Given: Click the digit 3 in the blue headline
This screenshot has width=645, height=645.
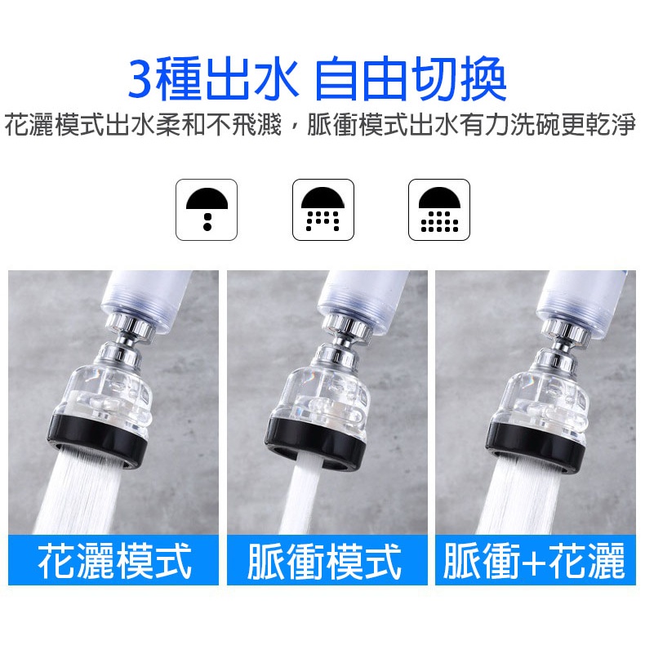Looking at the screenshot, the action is point(141,79).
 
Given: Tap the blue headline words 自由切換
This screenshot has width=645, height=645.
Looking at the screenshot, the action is point(410,79).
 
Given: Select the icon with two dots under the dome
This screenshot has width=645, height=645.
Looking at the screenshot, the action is point(207,210).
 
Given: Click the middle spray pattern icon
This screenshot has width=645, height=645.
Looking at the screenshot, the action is point(323,210).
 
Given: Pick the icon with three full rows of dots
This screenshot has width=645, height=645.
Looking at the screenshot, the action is point(439,210).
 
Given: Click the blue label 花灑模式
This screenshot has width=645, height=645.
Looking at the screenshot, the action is point(114,560).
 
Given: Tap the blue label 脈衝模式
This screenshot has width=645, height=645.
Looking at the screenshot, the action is point(325,560).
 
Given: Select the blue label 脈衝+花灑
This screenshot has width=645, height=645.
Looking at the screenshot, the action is point(535,560).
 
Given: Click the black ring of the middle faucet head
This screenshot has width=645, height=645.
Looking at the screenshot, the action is point(315,443).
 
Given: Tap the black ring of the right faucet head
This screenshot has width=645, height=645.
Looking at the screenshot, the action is point(535,443).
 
